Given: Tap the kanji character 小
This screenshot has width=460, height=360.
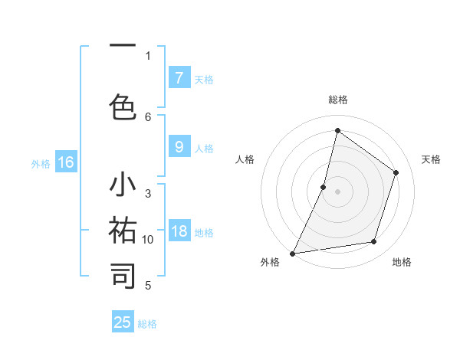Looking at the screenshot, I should pyautogui.click(x=123, y=186).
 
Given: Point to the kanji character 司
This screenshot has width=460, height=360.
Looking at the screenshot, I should pyautogui.click(x=123, y=275).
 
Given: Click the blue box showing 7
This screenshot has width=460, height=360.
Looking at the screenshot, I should pyautogui.click(x=179, y=77).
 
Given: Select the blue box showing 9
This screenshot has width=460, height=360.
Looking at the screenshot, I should pyautogui.click(x=179, y=147).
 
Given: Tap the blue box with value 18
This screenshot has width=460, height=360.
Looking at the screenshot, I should pyautogui.click(x=179, y=231).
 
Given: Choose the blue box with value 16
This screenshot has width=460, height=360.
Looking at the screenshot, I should pyautogui.click(x=66, y=162).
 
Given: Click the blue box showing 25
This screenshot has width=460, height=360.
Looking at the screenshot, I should pyautogui.click(x=123, y=322).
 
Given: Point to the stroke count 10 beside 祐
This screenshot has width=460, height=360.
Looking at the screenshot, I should pyautogui.click(x=148, y=240).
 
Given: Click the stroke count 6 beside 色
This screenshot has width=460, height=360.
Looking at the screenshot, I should pyautogui.click(x=148, y=116).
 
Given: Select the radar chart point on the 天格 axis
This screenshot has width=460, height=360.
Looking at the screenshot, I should pyautogui.click(x=396, y=172).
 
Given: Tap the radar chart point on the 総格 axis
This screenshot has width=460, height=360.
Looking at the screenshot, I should pyautogui.click(x=337, y=130).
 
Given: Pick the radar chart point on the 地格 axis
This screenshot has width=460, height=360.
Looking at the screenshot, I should pyautogui.click(x=374, y=242).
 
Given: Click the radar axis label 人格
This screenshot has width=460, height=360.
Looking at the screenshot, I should pyautogui.click(x=245, y=159).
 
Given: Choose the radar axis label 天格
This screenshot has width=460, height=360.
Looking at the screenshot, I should pyautogui.click(x=431, y=159).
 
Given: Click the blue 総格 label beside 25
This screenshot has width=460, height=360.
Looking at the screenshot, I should pyautogui.click(x=147, y=324).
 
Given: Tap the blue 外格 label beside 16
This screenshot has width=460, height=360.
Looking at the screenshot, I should pyautogui.click(x=41, y=163).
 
